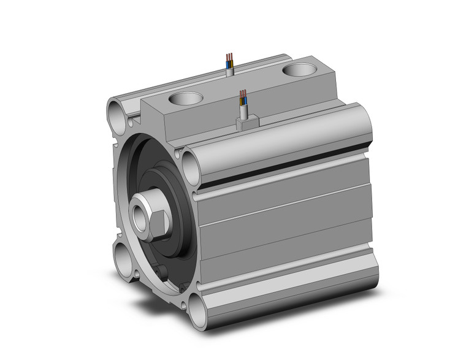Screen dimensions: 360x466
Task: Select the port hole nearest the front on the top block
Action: (x=185, y=98)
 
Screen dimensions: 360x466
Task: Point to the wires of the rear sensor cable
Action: (x=229, y=60)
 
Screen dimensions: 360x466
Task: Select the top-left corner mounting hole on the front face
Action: (x=117, y=112)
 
